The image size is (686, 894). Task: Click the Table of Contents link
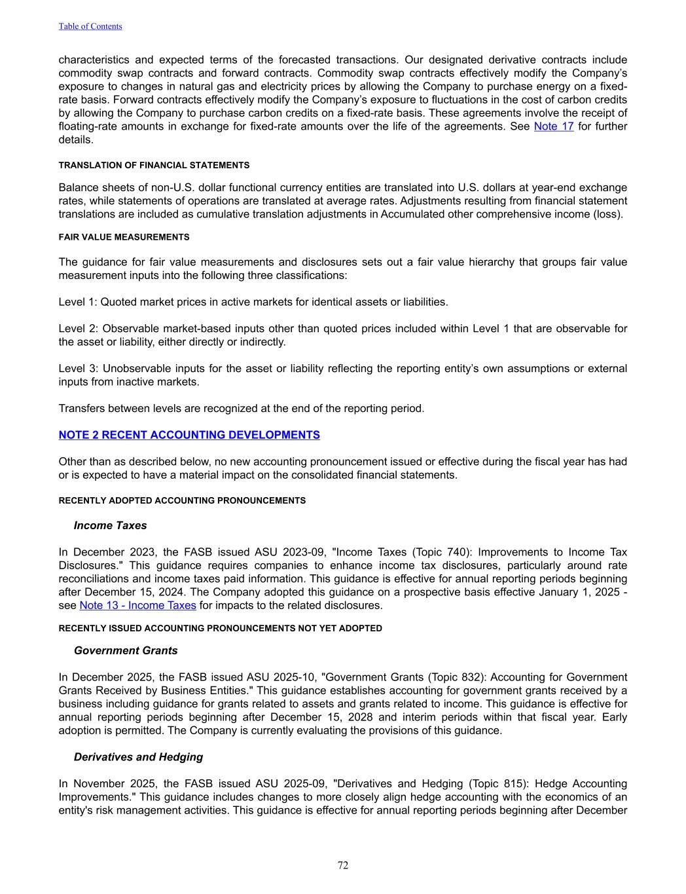[90, 26]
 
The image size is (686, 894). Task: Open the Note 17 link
[554, 126]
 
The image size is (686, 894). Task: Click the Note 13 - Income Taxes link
[137, 605]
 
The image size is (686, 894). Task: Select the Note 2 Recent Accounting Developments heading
[189, 435]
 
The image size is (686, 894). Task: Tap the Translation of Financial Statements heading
[154, 165]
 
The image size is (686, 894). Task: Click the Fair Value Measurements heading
[124, 237]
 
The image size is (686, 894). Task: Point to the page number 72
[343, 865]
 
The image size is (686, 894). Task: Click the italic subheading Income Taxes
[110, 525]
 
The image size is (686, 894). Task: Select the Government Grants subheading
[126, 650]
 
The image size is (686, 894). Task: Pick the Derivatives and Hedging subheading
[138, 757]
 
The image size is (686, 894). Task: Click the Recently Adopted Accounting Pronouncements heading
[182, 500]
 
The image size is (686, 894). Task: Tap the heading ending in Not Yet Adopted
[220, 628]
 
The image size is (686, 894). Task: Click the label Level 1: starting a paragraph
[78, 302]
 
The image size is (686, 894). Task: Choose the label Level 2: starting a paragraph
[78, 329]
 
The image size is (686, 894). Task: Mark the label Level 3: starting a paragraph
[78, 369]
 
